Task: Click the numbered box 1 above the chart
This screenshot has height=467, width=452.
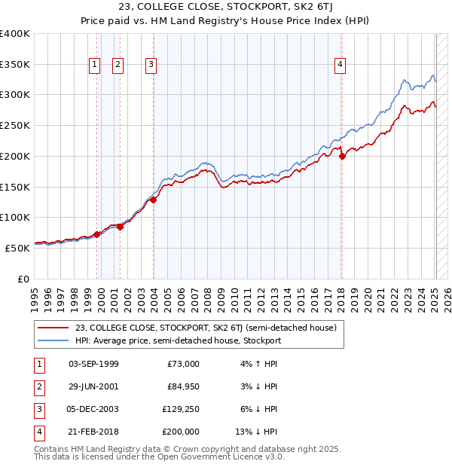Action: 94,66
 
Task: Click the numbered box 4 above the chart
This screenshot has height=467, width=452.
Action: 341,66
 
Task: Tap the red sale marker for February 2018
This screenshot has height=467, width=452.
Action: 342,157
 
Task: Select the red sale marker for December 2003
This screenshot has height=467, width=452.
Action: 153,200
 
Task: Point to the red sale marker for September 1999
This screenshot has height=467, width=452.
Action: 97,234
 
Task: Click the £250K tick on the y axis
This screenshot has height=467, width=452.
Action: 17,125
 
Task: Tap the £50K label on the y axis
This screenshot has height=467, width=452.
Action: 19,247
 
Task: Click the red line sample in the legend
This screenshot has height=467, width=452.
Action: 52,328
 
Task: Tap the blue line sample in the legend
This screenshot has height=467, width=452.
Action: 52,340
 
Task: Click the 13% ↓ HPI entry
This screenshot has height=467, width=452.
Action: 257,432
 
